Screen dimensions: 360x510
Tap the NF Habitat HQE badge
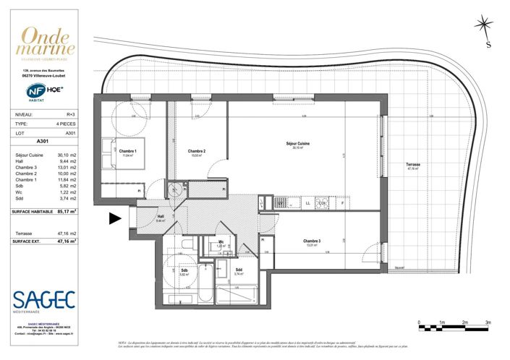pos(45,92)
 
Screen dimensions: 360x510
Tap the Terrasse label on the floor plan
pos(414,166)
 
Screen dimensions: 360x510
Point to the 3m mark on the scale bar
pos(488,327)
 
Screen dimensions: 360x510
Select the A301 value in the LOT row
pos(71,134)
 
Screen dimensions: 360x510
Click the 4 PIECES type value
pos(68,124)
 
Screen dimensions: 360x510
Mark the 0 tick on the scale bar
pos(419,327)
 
